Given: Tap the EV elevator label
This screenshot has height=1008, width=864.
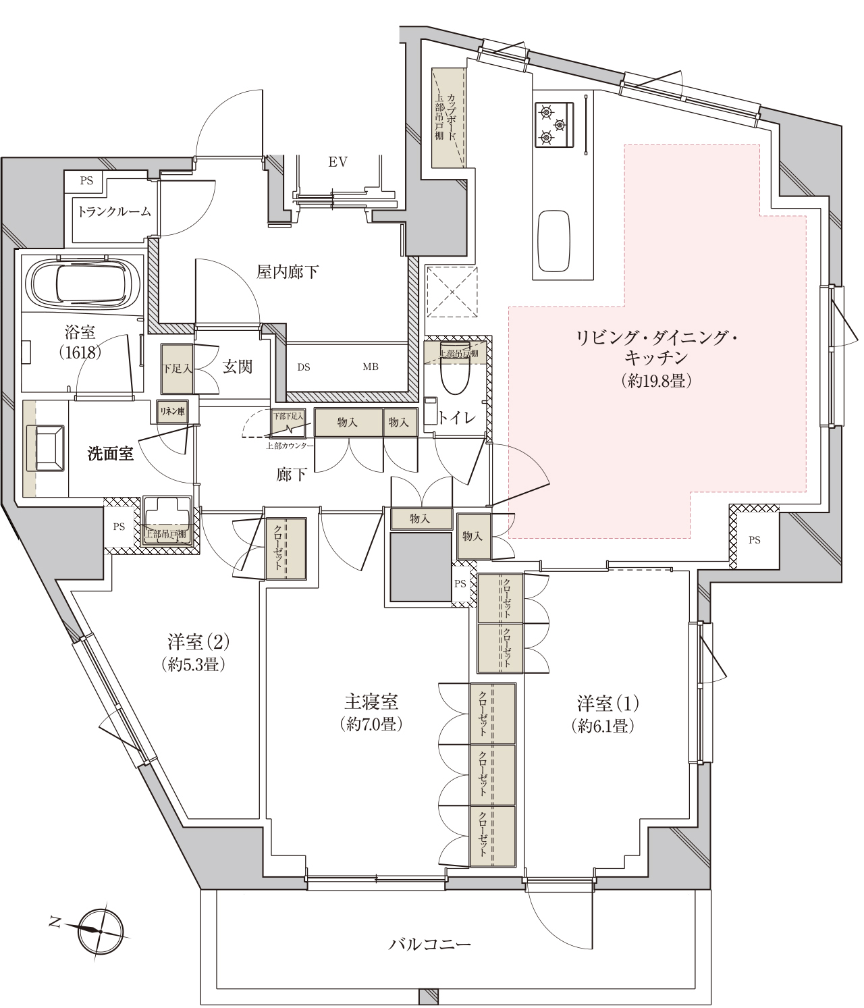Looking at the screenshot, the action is [338, 162].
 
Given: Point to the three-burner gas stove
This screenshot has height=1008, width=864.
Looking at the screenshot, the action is [554, 124].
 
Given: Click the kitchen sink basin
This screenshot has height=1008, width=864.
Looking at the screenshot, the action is [554, 242].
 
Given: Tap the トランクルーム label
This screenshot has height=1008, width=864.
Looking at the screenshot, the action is [115, 211].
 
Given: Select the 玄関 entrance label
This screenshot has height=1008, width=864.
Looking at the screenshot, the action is [238, 366].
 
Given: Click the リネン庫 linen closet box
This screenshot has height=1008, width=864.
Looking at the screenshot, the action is [173, 412].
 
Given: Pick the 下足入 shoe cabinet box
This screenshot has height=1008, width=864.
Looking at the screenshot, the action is [177, 369].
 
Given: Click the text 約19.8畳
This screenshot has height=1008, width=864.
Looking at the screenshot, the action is [656, 381].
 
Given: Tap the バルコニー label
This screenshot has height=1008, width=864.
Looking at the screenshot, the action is [429, 944].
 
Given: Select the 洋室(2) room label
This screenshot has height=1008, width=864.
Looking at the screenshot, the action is [198, 642].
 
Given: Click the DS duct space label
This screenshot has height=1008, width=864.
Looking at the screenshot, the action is [304, 367].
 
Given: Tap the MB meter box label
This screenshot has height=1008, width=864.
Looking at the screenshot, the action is [371, 367].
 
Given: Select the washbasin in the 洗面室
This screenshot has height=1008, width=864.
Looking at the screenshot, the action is [46, 448].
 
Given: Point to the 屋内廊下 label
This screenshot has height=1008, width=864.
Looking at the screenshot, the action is [288, 271].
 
